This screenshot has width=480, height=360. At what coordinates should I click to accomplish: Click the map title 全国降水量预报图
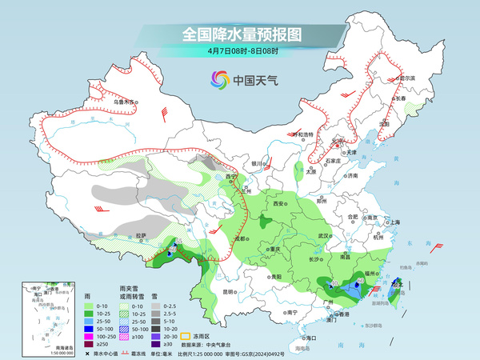tap(240, 34)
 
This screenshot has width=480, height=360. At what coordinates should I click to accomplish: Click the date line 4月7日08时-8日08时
tap(240, 50)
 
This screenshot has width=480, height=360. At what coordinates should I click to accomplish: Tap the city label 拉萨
tap(141, 235)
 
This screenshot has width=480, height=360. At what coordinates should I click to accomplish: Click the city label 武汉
tap(324, 236)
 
